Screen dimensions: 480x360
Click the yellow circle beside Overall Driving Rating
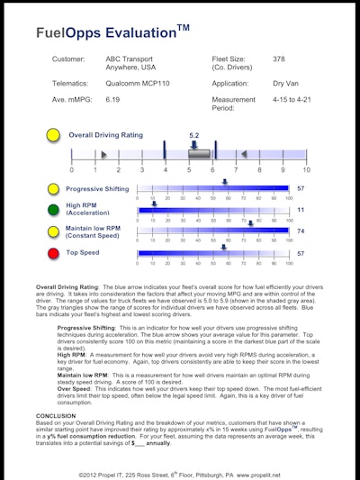click(x=54, y=136)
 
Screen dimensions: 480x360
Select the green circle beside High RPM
click(x=54, y=210)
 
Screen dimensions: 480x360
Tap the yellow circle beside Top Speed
click(x=54, y=255)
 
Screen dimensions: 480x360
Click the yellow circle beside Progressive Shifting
click(x=54, y=189)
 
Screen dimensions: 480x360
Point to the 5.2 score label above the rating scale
click(x=193, y=135)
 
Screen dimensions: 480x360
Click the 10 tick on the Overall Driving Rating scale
click(x=306, y=170)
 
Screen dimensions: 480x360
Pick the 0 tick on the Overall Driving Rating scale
click(x=72, y=170)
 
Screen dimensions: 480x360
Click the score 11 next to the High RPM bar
click(x=301, y=210)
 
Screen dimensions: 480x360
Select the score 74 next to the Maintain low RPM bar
click(x=301, y=231)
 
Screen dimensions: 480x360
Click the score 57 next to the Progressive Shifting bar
click(x=301, y=189)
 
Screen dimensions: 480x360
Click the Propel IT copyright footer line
click(x=180, y=470)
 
